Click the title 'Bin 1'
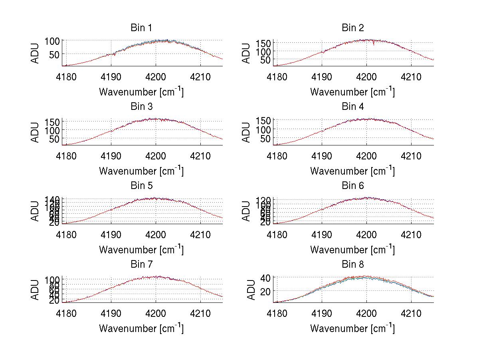point(141,28)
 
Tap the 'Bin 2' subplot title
point(352,28)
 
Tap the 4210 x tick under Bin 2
point(411,76)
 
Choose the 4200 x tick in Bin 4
point(366,155)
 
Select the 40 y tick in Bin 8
point(266,277)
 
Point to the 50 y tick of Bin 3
point(55,139)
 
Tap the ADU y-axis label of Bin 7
point(35,289)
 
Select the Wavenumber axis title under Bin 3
point(141,171)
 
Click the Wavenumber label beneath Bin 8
point(352,328)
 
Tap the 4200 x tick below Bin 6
point(366,234)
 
